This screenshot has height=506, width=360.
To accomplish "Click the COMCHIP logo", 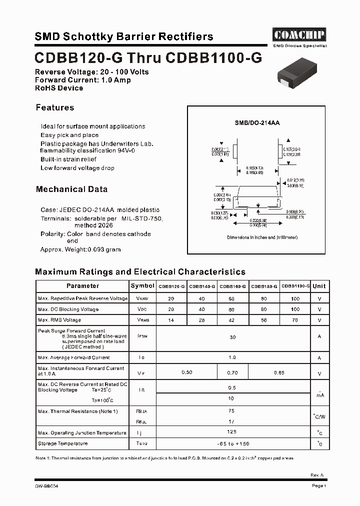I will (299, 34).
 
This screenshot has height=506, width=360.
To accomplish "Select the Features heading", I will (55, 107).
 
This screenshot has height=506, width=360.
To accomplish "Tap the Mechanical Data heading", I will (71, 189).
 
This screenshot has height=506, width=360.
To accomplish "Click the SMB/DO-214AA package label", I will (256, 122).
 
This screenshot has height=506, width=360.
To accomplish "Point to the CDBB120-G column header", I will (171, 286).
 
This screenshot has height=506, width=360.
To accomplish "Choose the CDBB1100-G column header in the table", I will (295, 286).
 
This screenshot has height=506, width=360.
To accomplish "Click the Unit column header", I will (319, 286).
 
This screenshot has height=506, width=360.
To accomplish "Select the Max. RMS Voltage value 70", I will (295, 320).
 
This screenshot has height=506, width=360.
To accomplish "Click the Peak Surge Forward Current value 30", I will (232, 337).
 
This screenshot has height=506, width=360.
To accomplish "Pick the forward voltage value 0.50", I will (186, 372).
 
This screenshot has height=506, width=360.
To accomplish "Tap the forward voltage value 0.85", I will (279, 372).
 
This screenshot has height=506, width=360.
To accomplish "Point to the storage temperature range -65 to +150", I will (232, 444).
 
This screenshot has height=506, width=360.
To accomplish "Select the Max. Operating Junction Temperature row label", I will (82, 433).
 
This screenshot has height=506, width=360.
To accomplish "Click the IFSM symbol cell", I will (142, 336).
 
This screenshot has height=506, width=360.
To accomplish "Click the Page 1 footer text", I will (318, 486).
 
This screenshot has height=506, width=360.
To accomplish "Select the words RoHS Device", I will (59, 88).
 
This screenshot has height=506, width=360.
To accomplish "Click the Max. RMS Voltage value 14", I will (171, 320).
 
